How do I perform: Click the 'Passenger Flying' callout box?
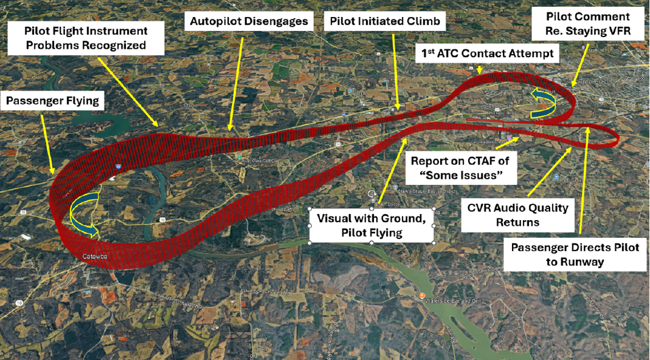click(x=52, y=102)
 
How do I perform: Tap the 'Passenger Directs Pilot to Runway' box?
click(x=575, y=255)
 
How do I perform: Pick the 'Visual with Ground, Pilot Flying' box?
click(x=372, y=225)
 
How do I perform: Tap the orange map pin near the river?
click(x=422, y=296)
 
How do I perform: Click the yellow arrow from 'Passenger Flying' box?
click(x=48, y=143)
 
